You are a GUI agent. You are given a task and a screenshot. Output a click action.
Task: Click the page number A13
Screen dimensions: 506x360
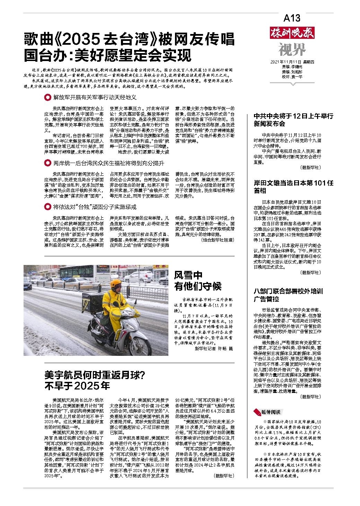click(292, 18)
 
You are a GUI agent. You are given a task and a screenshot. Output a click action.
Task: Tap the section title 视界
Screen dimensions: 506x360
click(292, 50)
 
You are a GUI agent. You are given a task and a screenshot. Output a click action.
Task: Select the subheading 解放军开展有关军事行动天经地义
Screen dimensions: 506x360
click(95, 97)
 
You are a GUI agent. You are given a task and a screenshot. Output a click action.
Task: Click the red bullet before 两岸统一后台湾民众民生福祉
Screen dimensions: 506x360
click(47, 163)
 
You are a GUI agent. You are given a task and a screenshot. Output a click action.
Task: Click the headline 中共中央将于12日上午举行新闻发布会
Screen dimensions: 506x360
click(293, 120)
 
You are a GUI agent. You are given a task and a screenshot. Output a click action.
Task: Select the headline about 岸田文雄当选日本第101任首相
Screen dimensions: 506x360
click(293, 187)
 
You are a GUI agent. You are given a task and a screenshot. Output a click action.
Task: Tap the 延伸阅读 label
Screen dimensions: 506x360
click(271, 412)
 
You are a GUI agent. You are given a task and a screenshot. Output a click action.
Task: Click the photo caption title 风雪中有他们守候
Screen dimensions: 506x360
click(197, 281)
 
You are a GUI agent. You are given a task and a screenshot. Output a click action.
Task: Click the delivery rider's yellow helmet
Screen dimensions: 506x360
click(115, 283)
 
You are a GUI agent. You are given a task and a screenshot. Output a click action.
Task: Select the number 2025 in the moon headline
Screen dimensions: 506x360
click(87, 386)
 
